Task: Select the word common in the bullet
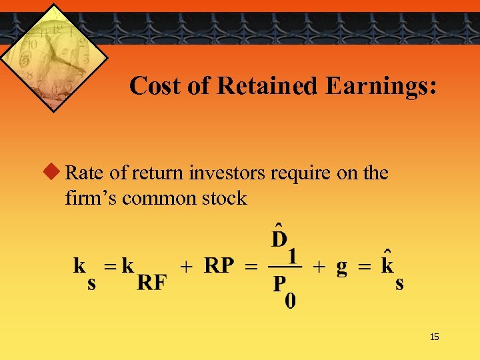pyautogui.click(x=164, y=198)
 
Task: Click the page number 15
pyautogui.click(x=435, y=337)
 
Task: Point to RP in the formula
pyautogui.click(x=219, y=267)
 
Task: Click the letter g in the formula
pyautogui.click(x=341, y=267)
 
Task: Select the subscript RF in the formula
pyautogui.click(x=151, y=283)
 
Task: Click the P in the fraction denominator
pyautogui.click(x=279, y=285)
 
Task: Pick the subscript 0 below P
pyautogui.click(x=291, y=301)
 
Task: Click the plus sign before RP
pyautogui.click(x=188, y=267)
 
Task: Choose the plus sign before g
pyautogui.click(x=320, y=267)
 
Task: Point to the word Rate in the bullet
pyautogui.click(x=85, y=173)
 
